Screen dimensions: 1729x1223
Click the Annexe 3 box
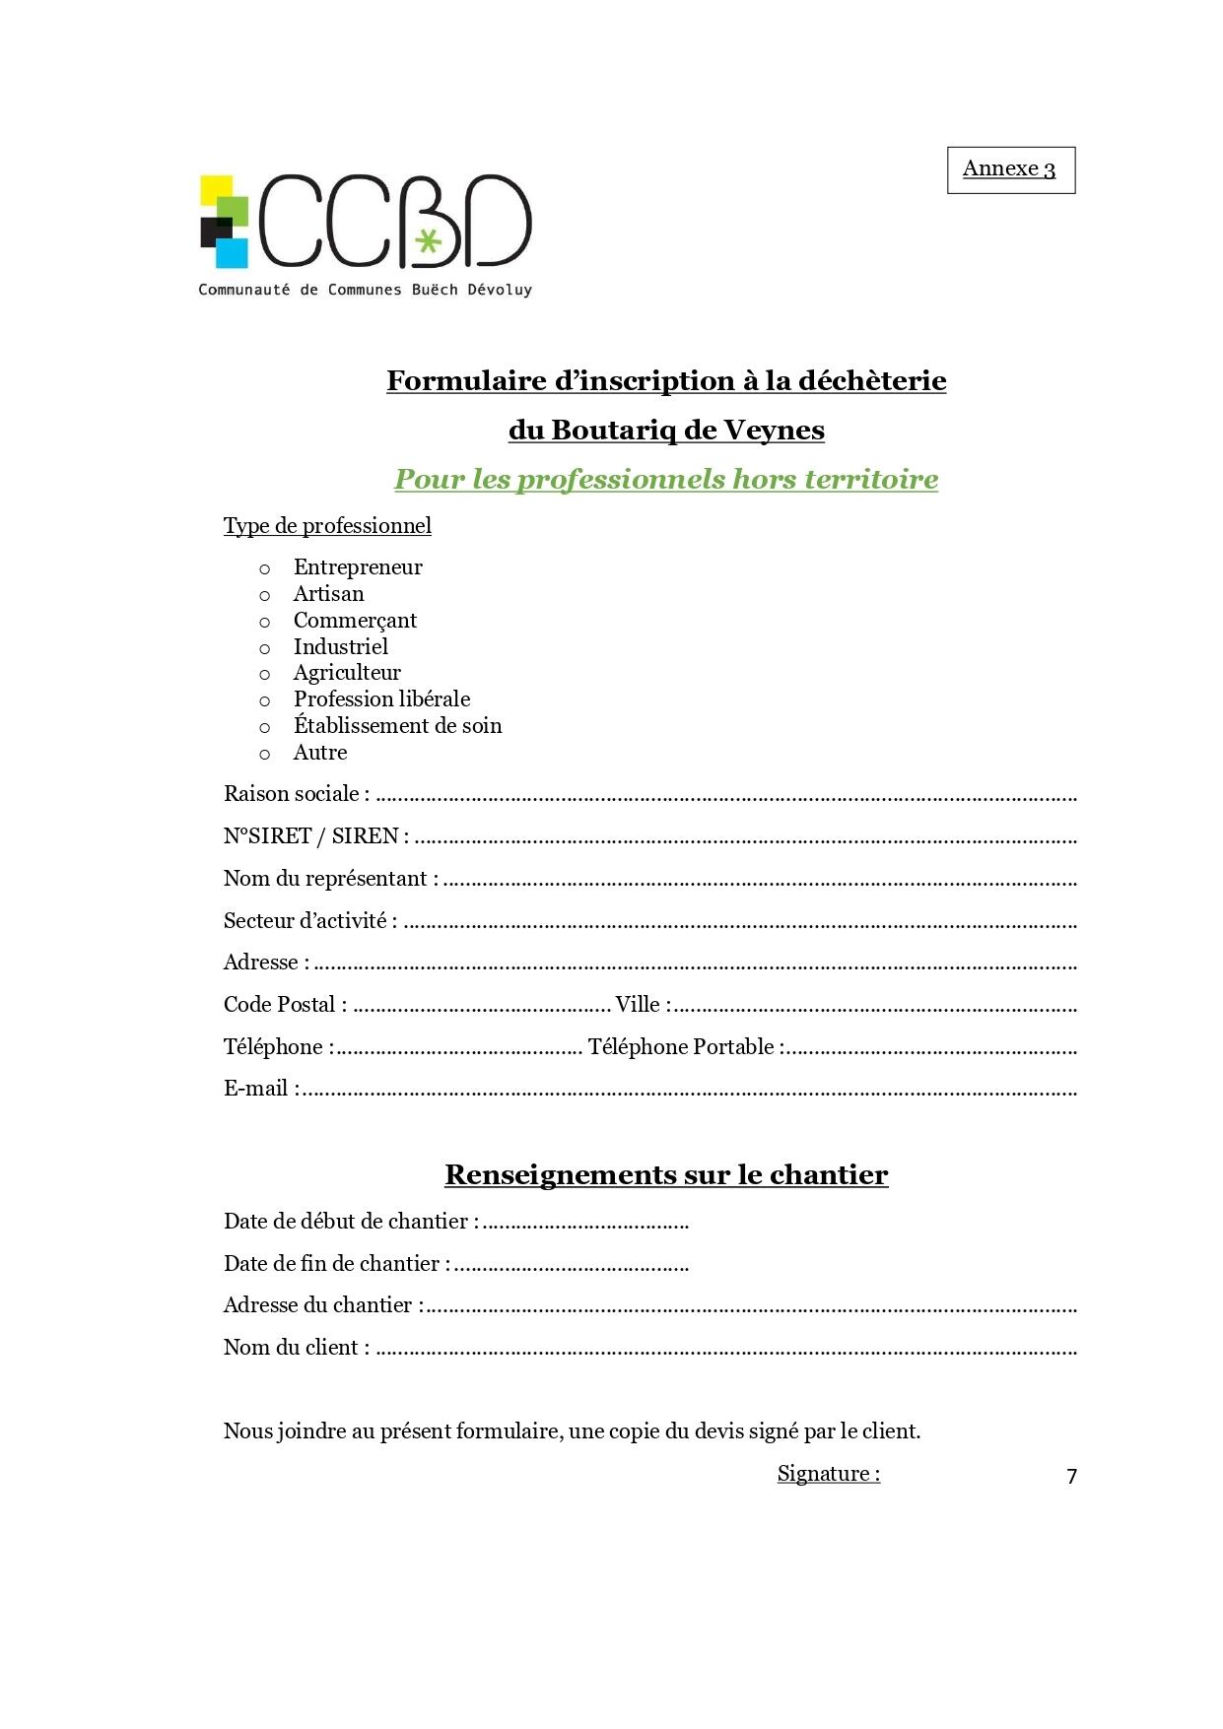point(1010,169)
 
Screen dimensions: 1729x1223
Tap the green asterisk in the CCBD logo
point(427,240)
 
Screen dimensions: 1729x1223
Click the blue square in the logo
point(232,253)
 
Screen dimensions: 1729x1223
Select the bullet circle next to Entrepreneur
point(264,568)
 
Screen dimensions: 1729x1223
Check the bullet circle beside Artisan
point(264,595)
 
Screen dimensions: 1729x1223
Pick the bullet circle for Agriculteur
point(264,675)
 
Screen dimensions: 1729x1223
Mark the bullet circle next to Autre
point(264,755)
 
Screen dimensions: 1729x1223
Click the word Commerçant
point(355,621)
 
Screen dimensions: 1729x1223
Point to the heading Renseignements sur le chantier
point(666,1174)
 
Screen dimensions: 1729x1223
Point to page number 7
point(1071,1476)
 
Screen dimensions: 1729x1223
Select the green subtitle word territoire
point(871,479)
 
